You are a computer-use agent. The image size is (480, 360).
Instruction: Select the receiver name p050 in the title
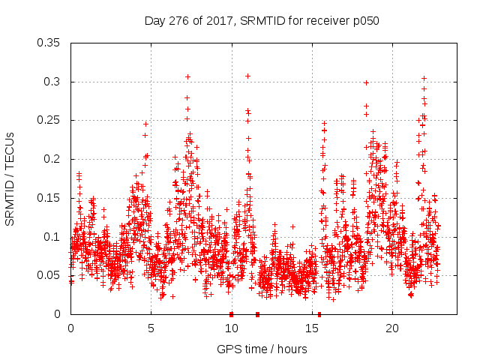coord(364,21)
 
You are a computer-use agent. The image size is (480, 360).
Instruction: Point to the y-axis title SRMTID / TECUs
coord(10,178)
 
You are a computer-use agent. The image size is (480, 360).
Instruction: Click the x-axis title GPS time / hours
coord(262,349)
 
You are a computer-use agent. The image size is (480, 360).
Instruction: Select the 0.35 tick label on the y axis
coord(49,43)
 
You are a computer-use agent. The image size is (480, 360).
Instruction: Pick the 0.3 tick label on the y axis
coord(53,82)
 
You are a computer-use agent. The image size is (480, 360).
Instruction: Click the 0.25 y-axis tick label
coord(49,120)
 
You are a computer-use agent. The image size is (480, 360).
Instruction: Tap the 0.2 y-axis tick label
coord(53,159)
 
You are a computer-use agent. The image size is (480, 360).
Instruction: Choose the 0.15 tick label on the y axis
coord(49,198)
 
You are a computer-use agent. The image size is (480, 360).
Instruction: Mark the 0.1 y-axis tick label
coord(53,237)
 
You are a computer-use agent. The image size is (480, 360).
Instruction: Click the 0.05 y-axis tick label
coord(49,275)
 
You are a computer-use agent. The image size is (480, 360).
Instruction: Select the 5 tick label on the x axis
coord(151,328)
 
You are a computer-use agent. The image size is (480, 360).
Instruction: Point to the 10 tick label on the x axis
coord(231,328)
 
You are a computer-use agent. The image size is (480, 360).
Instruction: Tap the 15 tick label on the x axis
coord(311,328)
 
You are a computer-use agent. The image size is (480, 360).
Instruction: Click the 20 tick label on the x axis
coord(392,328)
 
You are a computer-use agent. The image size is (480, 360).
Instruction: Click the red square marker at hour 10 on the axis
coord(231,314)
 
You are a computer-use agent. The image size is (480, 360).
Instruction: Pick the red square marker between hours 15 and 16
coord(319,314)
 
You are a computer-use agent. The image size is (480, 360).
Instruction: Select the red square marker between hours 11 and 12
coord(257,314)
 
